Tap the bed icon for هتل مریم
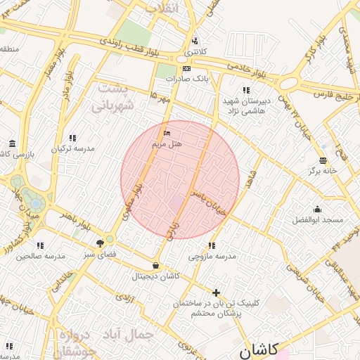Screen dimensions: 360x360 coord(167,133)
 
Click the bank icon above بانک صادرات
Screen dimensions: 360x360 coord(186,69)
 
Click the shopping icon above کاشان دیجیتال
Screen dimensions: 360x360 coord(155,266)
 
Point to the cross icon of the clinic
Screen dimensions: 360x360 coord(217,292)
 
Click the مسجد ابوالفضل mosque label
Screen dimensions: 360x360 coord(318,220)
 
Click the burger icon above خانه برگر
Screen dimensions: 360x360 coord(323,160)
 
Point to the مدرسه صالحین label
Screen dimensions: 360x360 coord(40,256)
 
